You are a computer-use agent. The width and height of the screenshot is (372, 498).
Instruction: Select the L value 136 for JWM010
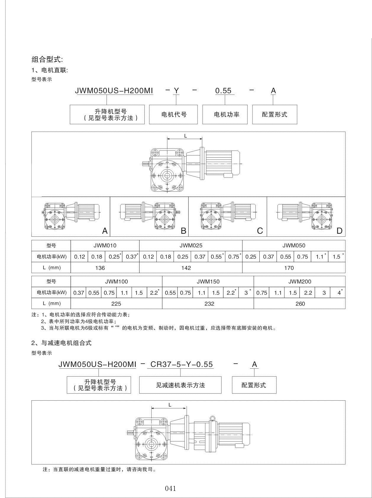(100, 268)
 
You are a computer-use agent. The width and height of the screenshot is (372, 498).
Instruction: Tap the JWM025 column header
(191, 245)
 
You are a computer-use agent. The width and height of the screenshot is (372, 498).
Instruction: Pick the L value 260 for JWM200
(300, 304)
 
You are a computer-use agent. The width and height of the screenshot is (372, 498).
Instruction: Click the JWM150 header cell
(208, 281)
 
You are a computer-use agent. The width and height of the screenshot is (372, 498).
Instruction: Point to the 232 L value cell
(209, 304)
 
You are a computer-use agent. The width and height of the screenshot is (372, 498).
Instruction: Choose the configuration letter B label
(183, 231)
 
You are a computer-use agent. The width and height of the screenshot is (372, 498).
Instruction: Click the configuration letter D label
(339, 231)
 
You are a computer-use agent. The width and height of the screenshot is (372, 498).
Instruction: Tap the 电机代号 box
(174, 115)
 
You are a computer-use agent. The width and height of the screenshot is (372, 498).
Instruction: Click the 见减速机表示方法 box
(180, 385)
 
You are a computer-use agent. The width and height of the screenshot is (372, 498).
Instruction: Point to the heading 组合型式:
(47, 59)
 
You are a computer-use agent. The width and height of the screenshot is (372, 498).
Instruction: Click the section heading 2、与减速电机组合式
(62, 343)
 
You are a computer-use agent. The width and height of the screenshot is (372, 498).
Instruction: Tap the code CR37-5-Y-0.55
(182, 364)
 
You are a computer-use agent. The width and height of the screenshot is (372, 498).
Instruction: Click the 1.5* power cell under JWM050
(337, 257)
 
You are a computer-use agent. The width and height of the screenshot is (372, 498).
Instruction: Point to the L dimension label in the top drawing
(185, 136)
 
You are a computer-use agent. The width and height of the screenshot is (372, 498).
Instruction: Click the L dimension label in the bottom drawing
(170, 405)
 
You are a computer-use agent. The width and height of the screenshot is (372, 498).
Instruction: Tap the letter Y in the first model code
(176, 91)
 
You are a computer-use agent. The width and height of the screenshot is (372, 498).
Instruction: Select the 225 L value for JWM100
(116, 304)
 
